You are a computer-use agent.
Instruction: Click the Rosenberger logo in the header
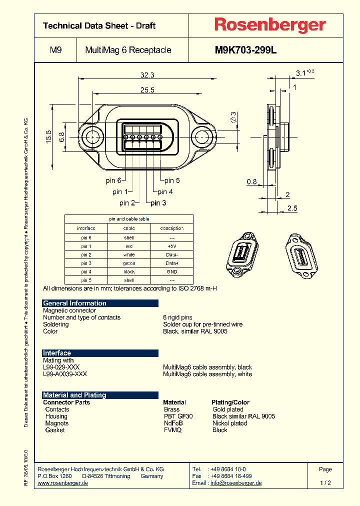pyautogui.click(x=270, y=25)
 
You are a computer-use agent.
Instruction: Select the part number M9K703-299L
pyautogui.click(x=245, y=50)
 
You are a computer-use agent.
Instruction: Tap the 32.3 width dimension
pyautogui.click(x=147, y=75)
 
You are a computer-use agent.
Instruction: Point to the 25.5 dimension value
pyautogui.click(x=147, y=90)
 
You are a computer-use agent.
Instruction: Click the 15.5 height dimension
pyautogui.click(x=48, y=136)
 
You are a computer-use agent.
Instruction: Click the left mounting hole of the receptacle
pyautogui.click(x=92, y=136)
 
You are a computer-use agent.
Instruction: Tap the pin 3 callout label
pyautogui.click(x=158, y=202)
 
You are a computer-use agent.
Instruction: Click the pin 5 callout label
pyautogui.click(x=172, y=180)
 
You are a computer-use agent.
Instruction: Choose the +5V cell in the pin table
pyautogui.click(x=171, y=246)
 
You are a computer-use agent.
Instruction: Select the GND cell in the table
pyautogui.click(x=171, y=271)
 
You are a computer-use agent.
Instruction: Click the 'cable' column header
pyautogui.click(x=129, y=228)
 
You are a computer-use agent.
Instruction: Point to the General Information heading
pyautogui.click(x=74, y=303)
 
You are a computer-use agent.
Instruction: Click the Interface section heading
pyautogui.click(x=57, y=353)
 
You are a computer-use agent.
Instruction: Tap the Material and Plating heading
pyautogui.click(x=74, y=395)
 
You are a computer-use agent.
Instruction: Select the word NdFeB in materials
pyautogui.click(x=173, y=423)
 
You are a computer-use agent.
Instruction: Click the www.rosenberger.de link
pyautogui.click(x=63, y=483)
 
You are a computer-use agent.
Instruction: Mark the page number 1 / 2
pyautogui.click(x=325, y=483)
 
